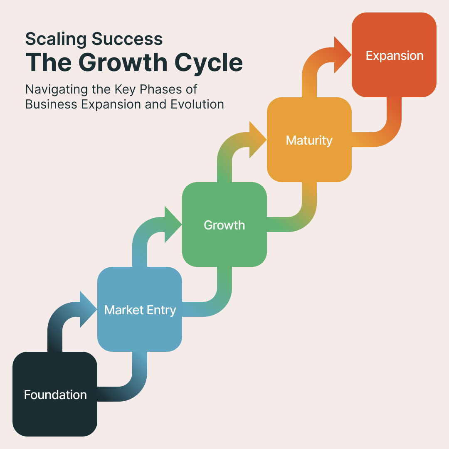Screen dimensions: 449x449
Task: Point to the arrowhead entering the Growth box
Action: click(x=173, y=224)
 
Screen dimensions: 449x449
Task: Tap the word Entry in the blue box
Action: click(x=160, y=310)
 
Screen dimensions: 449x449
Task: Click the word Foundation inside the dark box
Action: click(x=55, y=395)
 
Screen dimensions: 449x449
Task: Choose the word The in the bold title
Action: click(x=46, y=62)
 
